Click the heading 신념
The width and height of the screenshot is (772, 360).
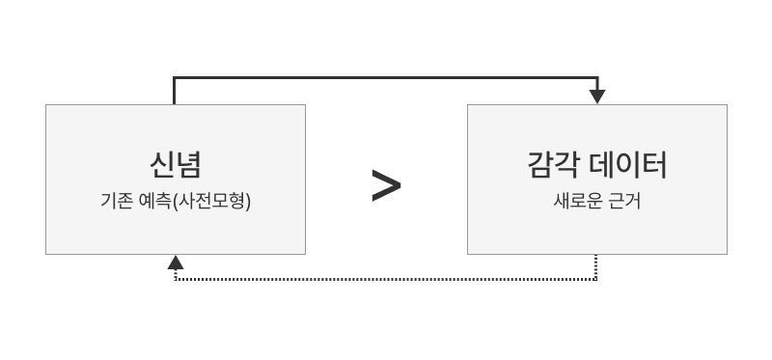pyautogui.click(x=175, y=165)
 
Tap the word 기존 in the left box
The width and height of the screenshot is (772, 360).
pyautogui.click(x=116, y=203)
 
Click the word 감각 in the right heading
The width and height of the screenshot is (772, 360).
pyautogui.click(x=551, y=165)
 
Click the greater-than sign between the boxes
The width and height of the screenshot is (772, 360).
pyautogui.click(x=386, y=186)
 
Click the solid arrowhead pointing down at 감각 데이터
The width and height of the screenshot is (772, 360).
pyautogui.click(x=597, y=97)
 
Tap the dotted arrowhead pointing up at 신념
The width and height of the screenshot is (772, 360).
pyautogui.click(x=175, y=262)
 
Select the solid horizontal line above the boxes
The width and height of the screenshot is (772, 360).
pyautogui.click(x=386, y=77)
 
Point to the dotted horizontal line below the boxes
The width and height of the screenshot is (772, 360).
pyautogui.click(x=386, y=280)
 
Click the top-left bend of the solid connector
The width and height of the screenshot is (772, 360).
pyautogui.click(x=175, y=77)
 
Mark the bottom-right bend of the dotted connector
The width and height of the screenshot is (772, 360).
pyautogui.click(x=596, y=280)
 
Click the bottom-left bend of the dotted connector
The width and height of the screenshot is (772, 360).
pyautogui.click(x=175, y=280)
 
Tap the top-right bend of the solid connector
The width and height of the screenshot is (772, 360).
pyautogui.click(x=597, y=77)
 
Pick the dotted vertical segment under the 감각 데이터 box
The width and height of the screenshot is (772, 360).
pyautogui.click(x=596, y=267)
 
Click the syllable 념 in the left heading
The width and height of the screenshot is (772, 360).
pyautogui.click(x=188, y=165)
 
